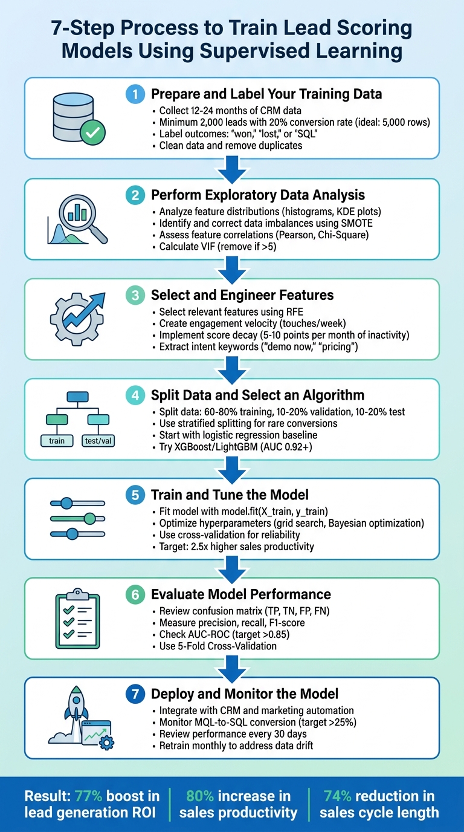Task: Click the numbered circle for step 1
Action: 135,94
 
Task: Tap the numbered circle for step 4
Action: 135,395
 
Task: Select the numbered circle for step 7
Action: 135,693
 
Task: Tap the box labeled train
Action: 57,441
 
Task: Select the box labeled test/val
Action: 98,441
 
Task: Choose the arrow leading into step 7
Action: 232,667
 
